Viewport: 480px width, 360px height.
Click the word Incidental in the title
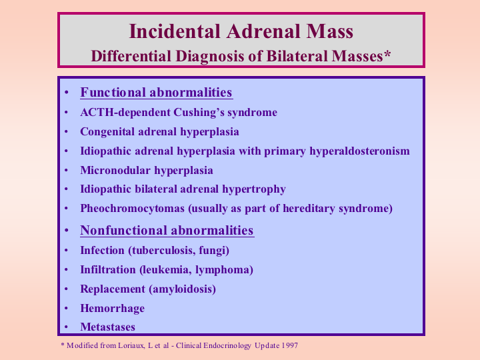(175, 31)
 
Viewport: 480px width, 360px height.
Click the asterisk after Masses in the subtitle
(387, 54)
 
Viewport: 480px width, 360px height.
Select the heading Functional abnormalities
(156, 93)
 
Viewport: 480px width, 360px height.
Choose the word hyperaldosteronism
(359, 151)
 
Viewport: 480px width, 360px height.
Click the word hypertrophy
(254, 189)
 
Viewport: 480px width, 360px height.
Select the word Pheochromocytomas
(132, 209)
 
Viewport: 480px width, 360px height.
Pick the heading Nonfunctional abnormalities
(167, 230)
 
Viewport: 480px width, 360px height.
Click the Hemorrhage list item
(113, 308)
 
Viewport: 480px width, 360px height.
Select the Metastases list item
(107, 327)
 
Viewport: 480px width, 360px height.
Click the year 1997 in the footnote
(290, 345)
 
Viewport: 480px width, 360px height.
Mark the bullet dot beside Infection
(66, 251)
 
